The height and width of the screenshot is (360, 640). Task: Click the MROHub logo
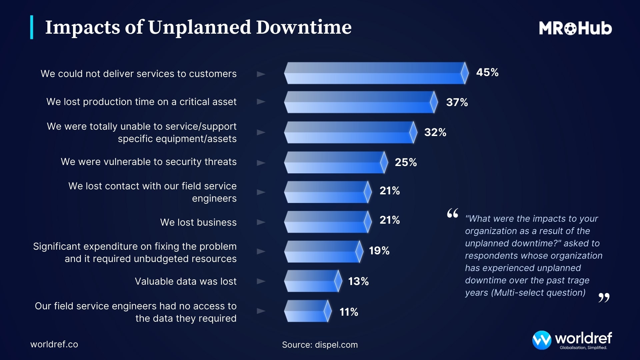[x=575, y=28]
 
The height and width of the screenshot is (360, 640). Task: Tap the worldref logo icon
[x=541, y=340]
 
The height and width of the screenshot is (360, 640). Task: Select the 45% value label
[x=487, y=72]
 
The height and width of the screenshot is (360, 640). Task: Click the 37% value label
[x=457, y=102]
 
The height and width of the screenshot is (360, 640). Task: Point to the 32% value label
[x=435, y=132]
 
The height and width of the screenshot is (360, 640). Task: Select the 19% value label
[x=379, y=251]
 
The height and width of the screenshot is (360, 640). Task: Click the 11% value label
[x=349, y=312]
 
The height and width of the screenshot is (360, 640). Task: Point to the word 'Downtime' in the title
[x=304, y=27]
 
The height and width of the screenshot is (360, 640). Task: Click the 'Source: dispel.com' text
[x=320, y=345]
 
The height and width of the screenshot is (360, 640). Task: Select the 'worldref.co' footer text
[x=54, y=344]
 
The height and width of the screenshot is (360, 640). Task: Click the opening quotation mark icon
[x=452, y=213]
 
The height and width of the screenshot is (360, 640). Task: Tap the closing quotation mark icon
[x=604, y=297]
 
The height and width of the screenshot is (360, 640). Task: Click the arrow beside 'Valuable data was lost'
[x=261, y=281]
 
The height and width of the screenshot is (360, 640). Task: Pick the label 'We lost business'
[x=198, y=222]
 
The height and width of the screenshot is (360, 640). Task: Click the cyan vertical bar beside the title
[x=32, y=27]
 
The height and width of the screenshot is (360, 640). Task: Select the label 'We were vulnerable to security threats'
[x=149, y=162]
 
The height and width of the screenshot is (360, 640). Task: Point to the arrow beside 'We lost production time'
[x=261, y=102]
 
